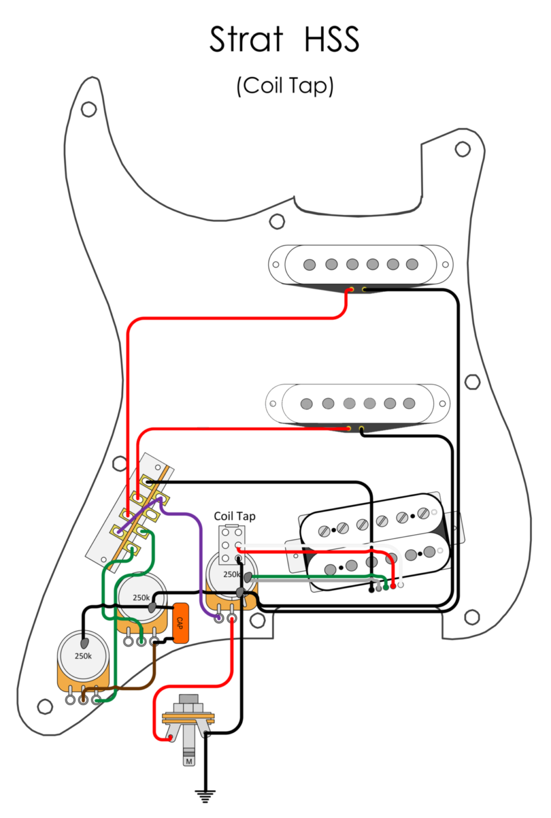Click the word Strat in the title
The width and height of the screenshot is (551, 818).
click(246, 39)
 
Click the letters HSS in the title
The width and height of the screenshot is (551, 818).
click(332, 39)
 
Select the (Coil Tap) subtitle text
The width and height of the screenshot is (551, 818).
click(285, 86)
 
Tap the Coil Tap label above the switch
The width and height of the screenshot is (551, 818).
click(234, 516)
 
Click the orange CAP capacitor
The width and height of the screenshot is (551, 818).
click(180, 623)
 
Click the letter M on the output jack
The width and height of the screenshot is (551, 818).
click(189, 762)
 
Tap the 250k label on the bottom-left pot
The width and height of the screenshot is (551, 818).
click(83, 656)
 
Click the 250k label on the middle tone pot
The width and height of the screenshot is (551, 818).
click(141, 598)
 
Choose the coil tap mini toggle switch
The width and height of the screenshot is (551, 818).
click(232, 544)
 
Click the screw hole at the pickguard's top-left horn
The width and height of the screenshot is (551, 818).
click(89, 110)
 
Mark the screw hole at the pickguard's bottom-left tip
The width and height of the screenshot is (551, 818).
click(45, 707)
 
